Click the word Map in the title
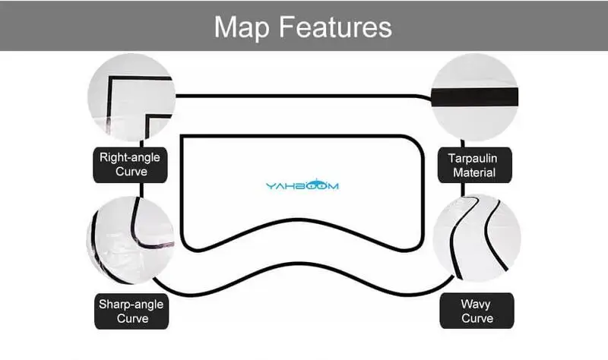(x=244, y=27)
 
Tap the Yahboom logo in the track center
(x=302, y=185)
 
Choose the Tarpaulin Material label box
(x=475, y=165)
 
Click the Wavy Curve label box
(x=475, y=311)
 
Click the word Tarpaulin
(x=475, y=158)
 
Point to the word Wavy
(x=475, y=305)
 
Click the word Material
(x=475, y=172)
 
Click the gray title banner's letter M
(x=226, y=27)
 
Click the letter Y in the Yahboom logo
(x=270, y=185)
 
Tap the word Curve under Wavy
(x=475, y=318)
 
